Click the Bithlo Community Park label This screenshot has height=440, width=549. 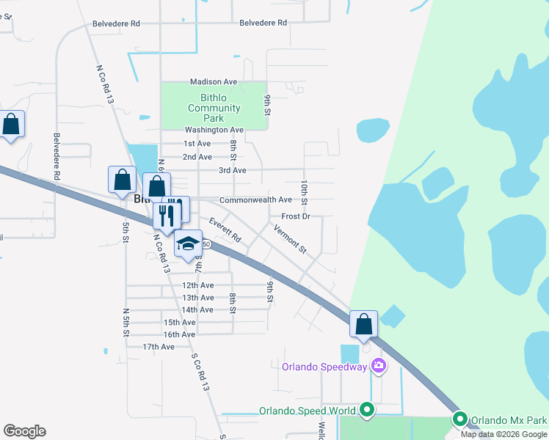(214, 108)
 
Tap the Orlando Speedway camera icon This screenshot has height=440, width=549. (378, 364)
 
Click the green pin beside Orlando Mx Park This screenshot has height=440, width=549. (461, 419)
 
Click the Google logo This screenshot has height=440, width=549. (24, 431)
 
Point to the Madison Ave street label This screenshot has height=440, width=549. (214, 82)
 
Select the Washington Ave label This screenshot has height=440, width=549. (214, 130)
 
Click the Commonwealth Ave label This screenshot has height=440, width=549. (255, 199)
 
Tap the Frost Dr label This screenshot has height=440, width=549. (297, 216)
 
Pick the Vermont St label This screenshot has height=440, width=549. (290, 240)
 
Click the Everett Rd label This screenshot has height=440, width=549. (225, 230)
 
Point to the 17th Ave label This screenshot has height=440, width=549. (159, 347)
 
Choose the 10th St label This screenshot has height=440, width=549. (304, 191)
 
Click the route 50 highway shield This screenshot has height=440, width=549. (207, 244)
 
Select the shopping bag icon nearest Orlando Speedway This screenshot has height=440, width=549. (363, 325)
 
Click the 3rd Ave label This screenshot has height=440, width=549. (232, 170)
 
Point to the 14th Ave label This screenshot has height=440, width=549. (197, 310)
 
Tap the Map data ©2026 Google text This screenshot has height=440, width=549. (504, 434)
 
